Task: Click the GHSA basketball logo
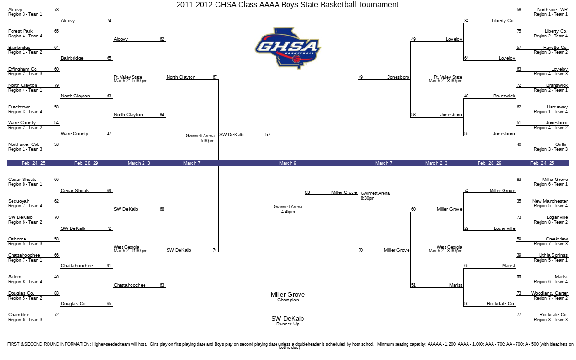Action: point(288,48)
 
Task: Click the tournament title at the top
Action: point(288,5)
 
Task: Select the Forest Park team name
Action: point(20,31)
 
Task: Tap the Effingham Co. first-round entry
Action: point(23,69)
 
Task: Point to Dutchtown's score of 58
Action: point(56,107)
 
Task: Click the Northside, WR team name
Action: point(552,10)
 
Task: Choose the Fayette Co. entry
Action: point(555,48)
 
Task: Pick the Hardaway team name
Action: point(557,107)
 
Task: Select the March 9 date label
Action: point(288,163)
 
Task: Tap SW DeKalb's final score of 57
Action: point(268,135)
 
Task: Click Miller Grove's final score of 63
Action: point(307,192)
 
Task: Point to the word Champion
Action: point(288,300)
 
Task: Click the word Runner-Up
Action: point(288,324)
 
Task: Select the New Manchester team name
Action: point(550,201)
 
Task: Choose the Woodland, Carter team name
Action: point(550,293)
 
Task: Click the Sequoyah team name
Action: point(19,201)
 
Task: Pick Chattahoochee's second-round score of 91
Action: point(109,266)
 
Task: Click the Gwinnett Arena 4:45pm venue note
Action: point(288,209)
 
